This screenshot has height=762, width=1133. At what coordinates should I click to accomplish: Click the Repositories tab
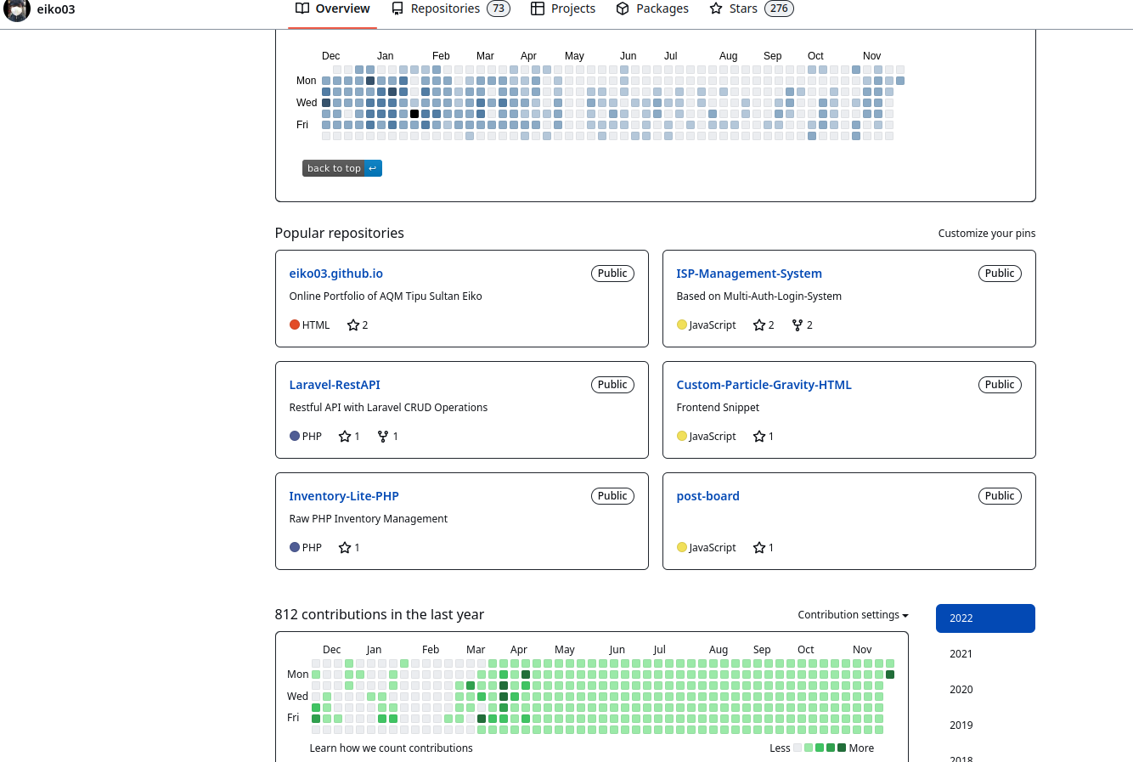(x=445, y=8)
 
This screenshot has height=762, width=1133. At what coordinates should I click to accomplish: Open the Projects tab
(x=563, y=8)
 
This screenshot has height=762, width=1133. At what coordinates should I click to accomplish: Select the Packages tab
(x=652, y=8)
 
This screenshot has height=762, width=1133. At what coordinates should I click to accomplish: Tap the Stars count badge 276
(x=779, y=8)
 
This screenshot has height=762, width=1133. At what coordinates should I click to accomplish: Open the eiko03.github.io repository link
(x=335, y=274)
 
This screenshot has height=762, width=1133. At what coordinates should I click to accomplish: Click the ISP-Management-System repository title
(x=748, y=274)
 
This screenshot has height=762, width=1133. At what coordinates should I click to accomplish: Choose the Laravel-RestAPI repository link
(x=335, y=385)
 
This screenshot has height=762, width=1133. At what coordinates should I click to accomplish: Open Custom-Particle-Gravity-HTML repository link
(x=764, y=385)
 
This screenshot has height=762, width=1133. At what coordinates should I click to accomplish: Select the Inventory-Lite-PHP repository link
(x=343, y=496)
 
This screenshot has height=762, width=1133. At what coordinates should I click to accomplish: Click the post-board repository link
(x=707, y=496)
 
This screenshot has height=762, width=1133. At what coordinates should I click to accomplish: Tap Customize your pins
(x=986, y=234)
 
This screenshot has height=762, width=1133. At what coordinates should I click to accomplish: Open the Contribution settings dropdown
(x=853, y=615)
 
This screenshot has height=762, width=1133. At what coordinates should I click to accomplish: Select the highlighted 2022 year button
(x=985, y=618)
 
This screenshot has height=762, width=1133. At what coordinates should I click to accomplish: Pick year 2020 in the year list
(x=961, y=690)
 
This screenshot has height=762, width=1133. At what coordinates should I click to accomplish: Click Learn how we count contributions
(x=391, y=748)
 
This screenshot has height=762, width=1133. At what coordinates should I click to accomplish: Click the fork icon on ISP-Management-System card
(x=798, y=325)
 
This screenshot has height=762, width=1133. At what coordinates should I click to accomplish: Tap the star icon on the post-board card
(x=759, y=548)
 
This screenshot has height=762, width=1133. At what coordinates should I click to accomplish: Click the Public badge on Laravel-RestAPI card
(x=612, y=385)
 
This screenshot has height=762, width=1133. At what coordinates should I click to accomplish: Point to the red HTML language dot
(x=295, y=325)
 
